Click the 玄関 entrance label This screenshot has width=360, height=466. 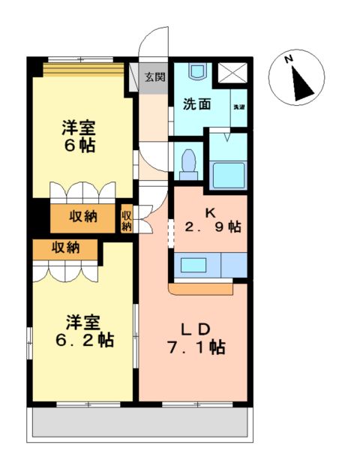156,77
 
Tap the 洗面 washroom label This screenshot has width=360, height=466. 196,104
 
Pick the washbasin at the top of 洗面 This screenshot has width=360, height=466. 197,73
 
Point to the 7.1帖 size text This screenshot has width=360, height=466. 197,347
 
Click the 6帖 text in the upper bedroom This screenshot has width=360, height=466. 79,146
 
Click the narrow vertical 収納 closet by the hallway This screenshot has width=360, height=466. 127,218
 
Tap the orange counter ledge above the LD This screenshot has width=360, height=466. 202,287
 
